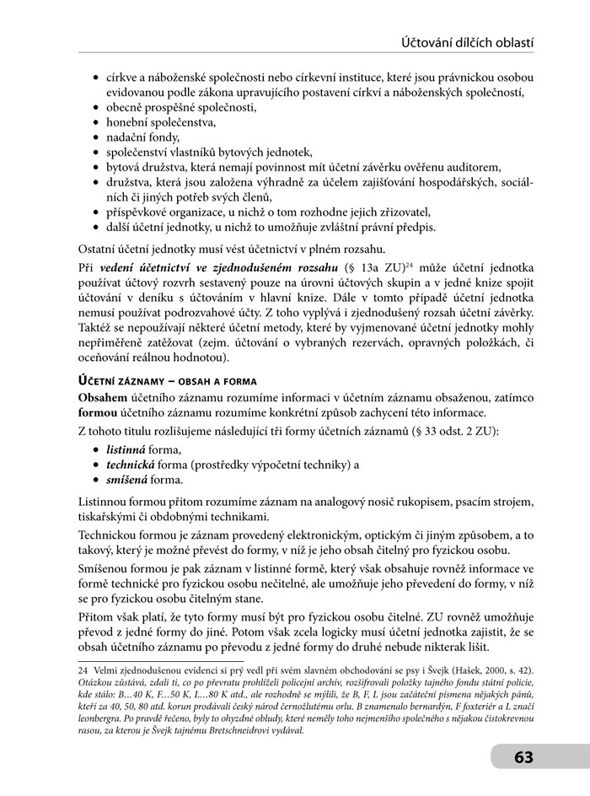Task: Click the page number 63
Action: click(523, 757)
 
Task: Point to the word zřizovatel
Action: click(400, 212)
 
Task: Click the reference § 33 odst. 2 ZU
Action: click(454, 432)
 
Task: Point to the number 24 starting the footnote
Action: click(83, 670)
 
